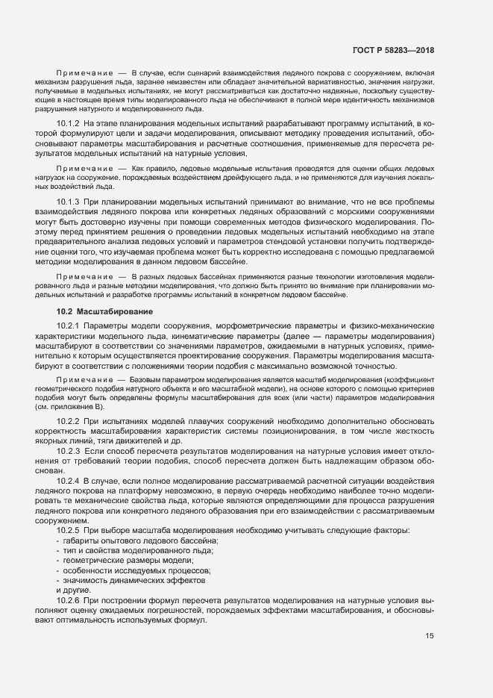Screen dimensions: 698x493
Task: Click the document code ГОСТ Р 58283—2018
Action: point(393,50)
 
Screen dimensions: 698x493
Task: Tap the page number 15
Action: point(430,636)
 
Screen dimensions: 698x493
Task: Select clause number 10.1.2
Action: point(68,123)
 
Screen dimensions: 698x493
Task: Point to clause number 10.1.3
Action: point(68,203)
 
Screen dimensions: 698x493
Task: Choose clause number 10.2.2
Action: point(68,423)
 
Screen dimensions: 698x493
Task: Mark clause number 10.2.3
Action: point(68,452)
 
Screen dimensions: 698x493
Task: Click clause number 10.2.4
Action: point(68,481)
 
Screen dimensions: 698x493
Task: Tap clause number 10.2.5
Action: point(68,530)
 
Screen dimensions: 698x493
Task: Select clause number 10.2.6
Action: point(68,599)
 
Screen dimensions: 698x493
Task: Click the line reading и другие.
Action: point(73,590)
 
